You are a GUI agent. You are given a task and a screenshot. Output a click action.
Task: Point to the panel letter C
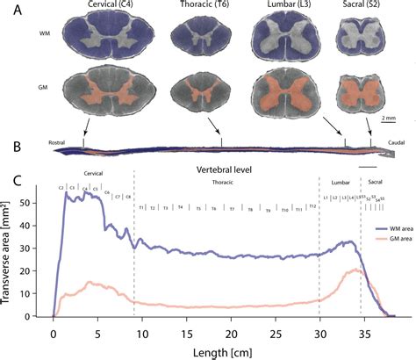16,180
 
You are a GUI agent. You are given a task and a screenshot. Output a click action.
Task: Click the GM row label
44,90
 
